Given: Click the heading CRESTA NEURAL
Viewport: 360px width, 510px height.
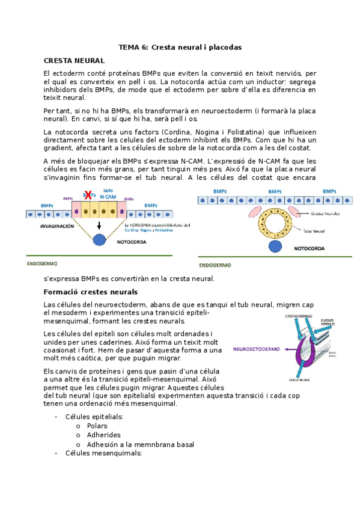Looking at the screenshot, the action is pyautogui.click(x=74, y=61).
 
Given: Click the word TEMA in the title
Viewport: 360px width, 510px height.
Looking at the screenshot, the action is pyautogui.click(x=128, y=47).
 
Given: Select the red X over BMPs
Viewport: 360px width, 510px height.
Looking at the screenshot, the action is pyautogui.click(x=88, y=194).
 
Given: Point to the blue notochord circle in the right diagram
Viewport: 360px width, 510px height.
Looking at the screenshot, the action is pyautogui.click(x=275, y=245).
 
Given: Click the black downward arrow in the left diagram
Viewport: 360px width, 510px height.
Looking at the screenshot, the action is pyautogui.click(x=99, y=225).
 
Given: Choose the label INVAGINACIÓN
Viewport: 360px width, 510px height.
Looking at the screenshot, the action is pyautogui.click(x=57, y=226).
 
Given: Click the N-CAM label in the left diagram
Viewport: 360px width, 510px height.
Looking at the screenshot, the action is pyautogui.click(x=108, y=197).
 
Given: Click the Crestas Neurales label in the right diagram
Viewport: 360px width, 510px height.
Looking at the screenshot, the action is pyautogui.click(x=326, y=214).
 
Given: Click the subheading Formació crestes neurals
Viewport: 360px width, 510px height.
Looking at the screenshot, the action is pyautogui.click(x=91, y=292).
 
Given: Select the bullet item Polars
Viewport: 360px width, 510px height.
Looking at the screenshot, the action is pyautogui.click(x=97, y=426).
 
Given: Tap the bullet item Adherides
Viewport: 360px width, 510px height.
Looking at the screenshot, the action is pyautogui.click(x=103, y=435).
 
